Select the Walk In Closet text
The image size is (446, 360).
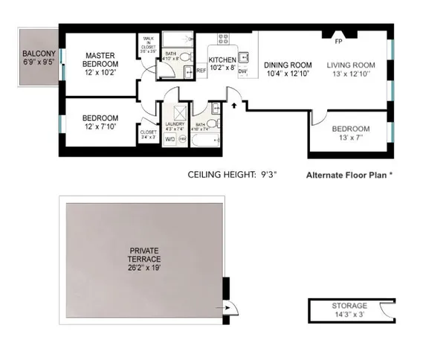(148, 47)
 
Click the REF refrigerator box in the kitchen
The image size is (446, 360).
(201, 71)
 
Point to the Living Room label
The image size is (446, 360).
(353, 64)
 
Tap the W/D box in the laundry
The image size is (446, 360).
(169, 138)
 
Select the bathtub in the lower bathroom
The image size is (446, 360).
(206, 140)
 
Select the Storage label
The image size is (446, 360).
(349, 306)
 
